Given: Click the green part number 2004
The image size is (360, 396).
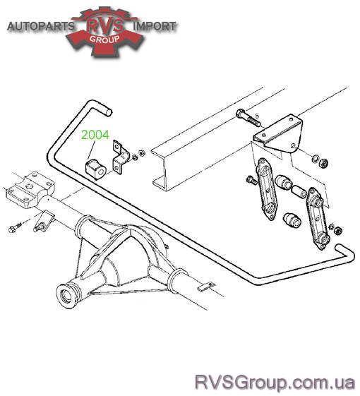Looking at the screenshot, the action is pyautogui.click(x=95, y=135).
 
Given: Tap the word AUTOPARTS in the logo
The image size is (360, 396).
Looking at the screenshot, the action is pyautogui.click(x=41, y=26).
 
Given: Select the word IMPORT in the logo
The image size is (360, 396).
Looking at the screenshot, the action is pyautogui.click(x=155, y=26).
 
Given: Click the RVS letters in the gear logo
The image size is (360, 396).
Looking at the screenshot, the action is pyautogui.click(x=105, y=25).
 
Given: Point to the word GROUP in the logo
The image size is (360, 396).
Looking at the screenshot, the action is pyautogui.click(x=104, y=39).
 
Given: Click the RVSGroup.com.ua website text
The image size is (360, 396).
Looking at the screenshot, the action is pyautogui.click(x=275, y=383).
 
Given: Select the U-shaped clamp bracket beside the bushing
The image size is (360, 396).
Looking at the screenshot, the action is pyautogui.click(x=120, y=157).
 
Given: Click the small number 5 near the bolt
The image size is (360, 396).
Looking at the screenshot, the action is pyautogui.click(x=257, y=116).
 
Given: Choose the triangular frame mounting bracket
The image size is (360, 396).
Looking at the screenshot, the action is pyautogui.click(x=278, y=135).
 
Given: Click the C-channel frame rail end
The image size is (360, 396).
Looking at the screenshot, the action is pyautogui.click(x=160, y=169).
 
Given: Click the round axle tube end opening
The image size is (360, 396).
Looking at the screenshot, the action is pyautogui.click(x=66, y=295).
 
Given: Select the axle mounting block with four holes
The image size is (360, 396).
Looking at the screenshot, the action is pyautogui.click(x=30, y=189).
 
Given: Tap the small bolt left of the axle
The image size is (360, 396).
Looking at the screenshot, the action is pyautogui.click(x=15, y=227).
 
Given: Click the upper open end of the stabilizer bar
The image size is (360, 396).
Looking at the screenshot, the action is pyautogui.click(x=109, y=112).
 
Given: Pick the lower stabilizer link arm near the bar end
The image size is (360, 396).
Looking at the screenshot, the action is pyautogui.click(x=318, y=218).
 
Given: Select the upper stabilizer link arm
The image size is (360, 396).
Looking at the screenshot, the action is pyautogui.click(x=267, y=189).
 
